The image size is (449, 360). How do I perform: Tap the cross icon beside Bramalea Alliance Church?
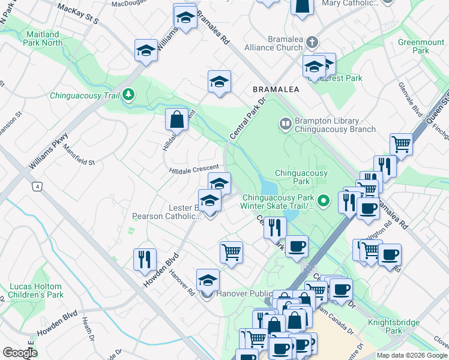pyautogui.click(x=311, y=43)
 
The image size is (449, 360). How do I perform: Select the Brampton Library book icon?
pyautogui.click(x=285, y=124)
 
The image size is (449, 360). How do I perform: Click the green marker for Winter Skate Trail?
pyautogui.click(x=324, y=201)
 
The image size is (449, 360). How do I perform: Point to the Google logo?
pyautogui.click(x=19, y=353)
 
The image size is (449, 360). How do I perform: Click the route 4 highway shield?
pyautogui.click(x=38, y=187)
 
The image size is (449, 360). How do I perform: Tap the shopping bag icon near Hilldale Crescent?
pyautogui.click(x=177, y=120)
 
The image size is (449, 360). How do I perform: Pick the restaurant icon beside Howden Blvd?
pyautogui.click(x=145, y=259)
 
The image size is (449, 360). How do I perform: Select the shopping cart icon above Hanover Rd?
pyautogui.click(x=231, y=252)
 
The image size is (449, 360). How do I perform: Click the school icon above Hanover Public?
pyautogui.click(x=208, y=280)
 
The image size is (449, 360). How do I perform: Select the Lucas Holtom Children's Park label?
pyautogui.click(x=35, y=290)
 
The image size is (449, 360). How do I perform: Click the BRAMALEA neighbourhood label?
pyautogui.click(x=276, y=89)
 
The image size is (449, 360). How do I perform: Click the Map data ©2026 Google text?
pyautogui.click(x=411, y=355)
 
